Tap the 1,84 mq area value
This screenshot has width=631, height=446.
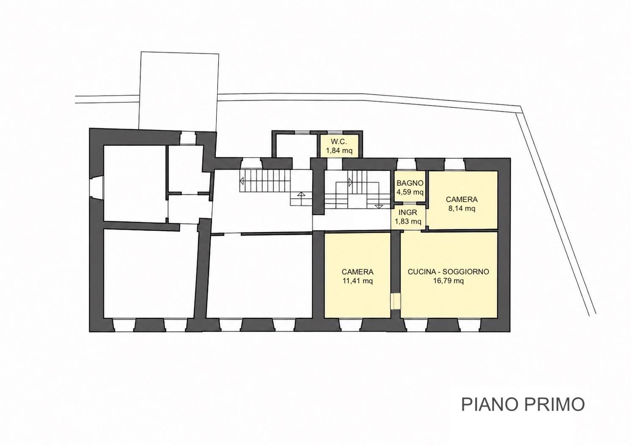click(x=339, y=150)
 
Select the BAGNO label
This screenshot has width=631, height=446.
click(x=410, y=183)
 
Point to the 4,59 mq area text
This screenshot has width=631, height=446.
click(x=410, y=192)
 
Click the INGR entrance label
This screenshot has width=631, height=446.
click(x=408, y=212)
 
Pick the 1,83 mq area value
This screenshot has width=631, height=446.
click(x=408, y=222)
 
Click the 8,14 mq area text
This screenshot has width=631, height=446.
click(x=461, y=208)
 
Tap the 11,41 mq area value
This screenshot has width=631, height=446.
click(x=358, y=281)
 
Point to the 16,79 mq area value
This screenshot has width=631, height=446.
click(x=449, y=281)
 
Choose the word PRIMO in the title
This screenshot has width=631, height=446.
click(x=554, y=404)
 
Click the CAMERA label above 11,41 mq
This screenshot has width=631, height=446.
click(x=358, y=271)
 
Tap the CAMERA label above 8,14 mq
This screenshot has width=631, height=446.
click(x=461, y=199)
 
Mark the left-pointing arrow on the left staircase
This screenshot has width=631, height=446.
click(x=242, y=181)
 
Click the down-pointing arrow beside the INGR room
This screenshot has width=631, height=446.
click(x=379, y=206)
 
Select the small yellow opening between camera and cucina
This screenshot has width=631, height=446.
click(x=396, y=301)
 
